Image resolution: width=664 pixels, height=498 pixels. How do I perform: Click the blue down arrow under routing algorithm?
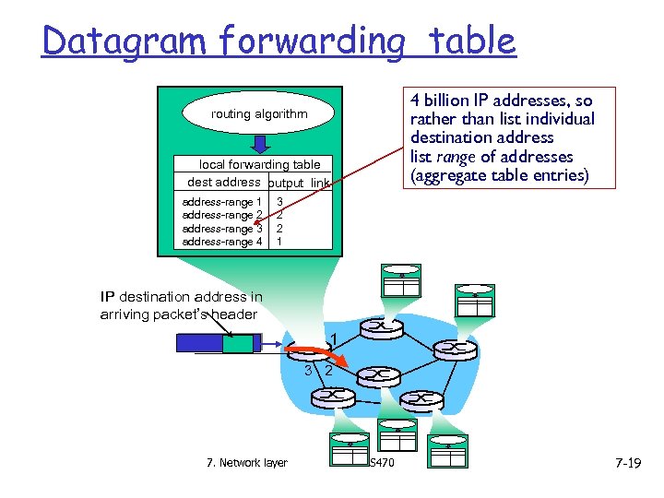click(x=260, y=144)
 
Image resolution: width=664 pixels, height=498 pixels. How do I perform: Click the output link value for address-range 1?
click(x=279, y=202)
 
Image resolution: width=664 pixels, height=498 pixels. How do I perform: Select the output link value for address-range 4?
click(x=279, y=242)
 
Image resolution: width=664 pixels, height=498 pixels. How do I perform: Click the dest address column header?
click(x=223, y=183)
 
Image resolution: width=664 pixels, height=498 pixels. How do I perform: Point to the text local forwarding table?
click(x=260, y=165)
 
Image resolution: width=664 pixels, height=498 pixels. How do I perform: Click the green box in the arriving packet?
click(x=238, y=343)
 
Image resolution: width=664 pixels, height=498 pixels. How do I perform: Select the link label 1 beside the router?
click(x=334, y=338)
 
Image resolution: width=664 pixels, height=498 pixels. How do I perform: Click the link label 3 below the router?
click(x=308, y=371)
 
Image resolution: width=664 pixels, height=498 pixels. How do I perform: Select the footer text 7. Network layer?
click(x=246, y=463)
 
